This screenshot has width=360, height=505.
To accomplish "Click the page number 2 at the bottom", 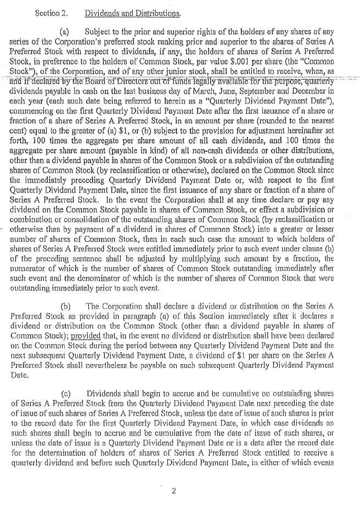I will tap(173, 491).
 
